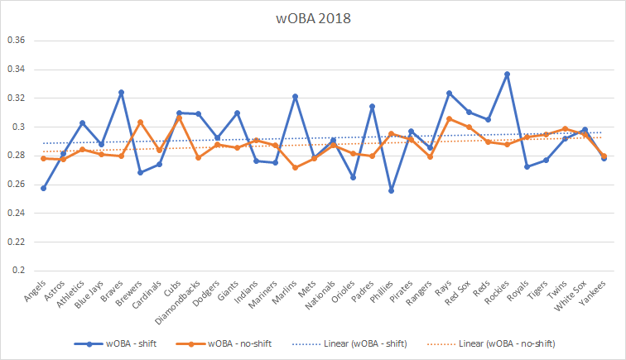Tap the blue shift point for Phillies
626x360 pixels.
391,190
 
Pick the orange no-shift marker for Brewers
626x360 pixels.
140,122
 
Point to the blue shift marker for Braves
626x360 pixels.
121,93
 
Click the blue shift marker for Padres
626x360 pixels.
372,106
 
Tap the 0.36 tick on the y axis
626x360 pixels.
17,41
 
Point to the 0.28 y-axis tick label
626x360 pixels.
17,156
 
